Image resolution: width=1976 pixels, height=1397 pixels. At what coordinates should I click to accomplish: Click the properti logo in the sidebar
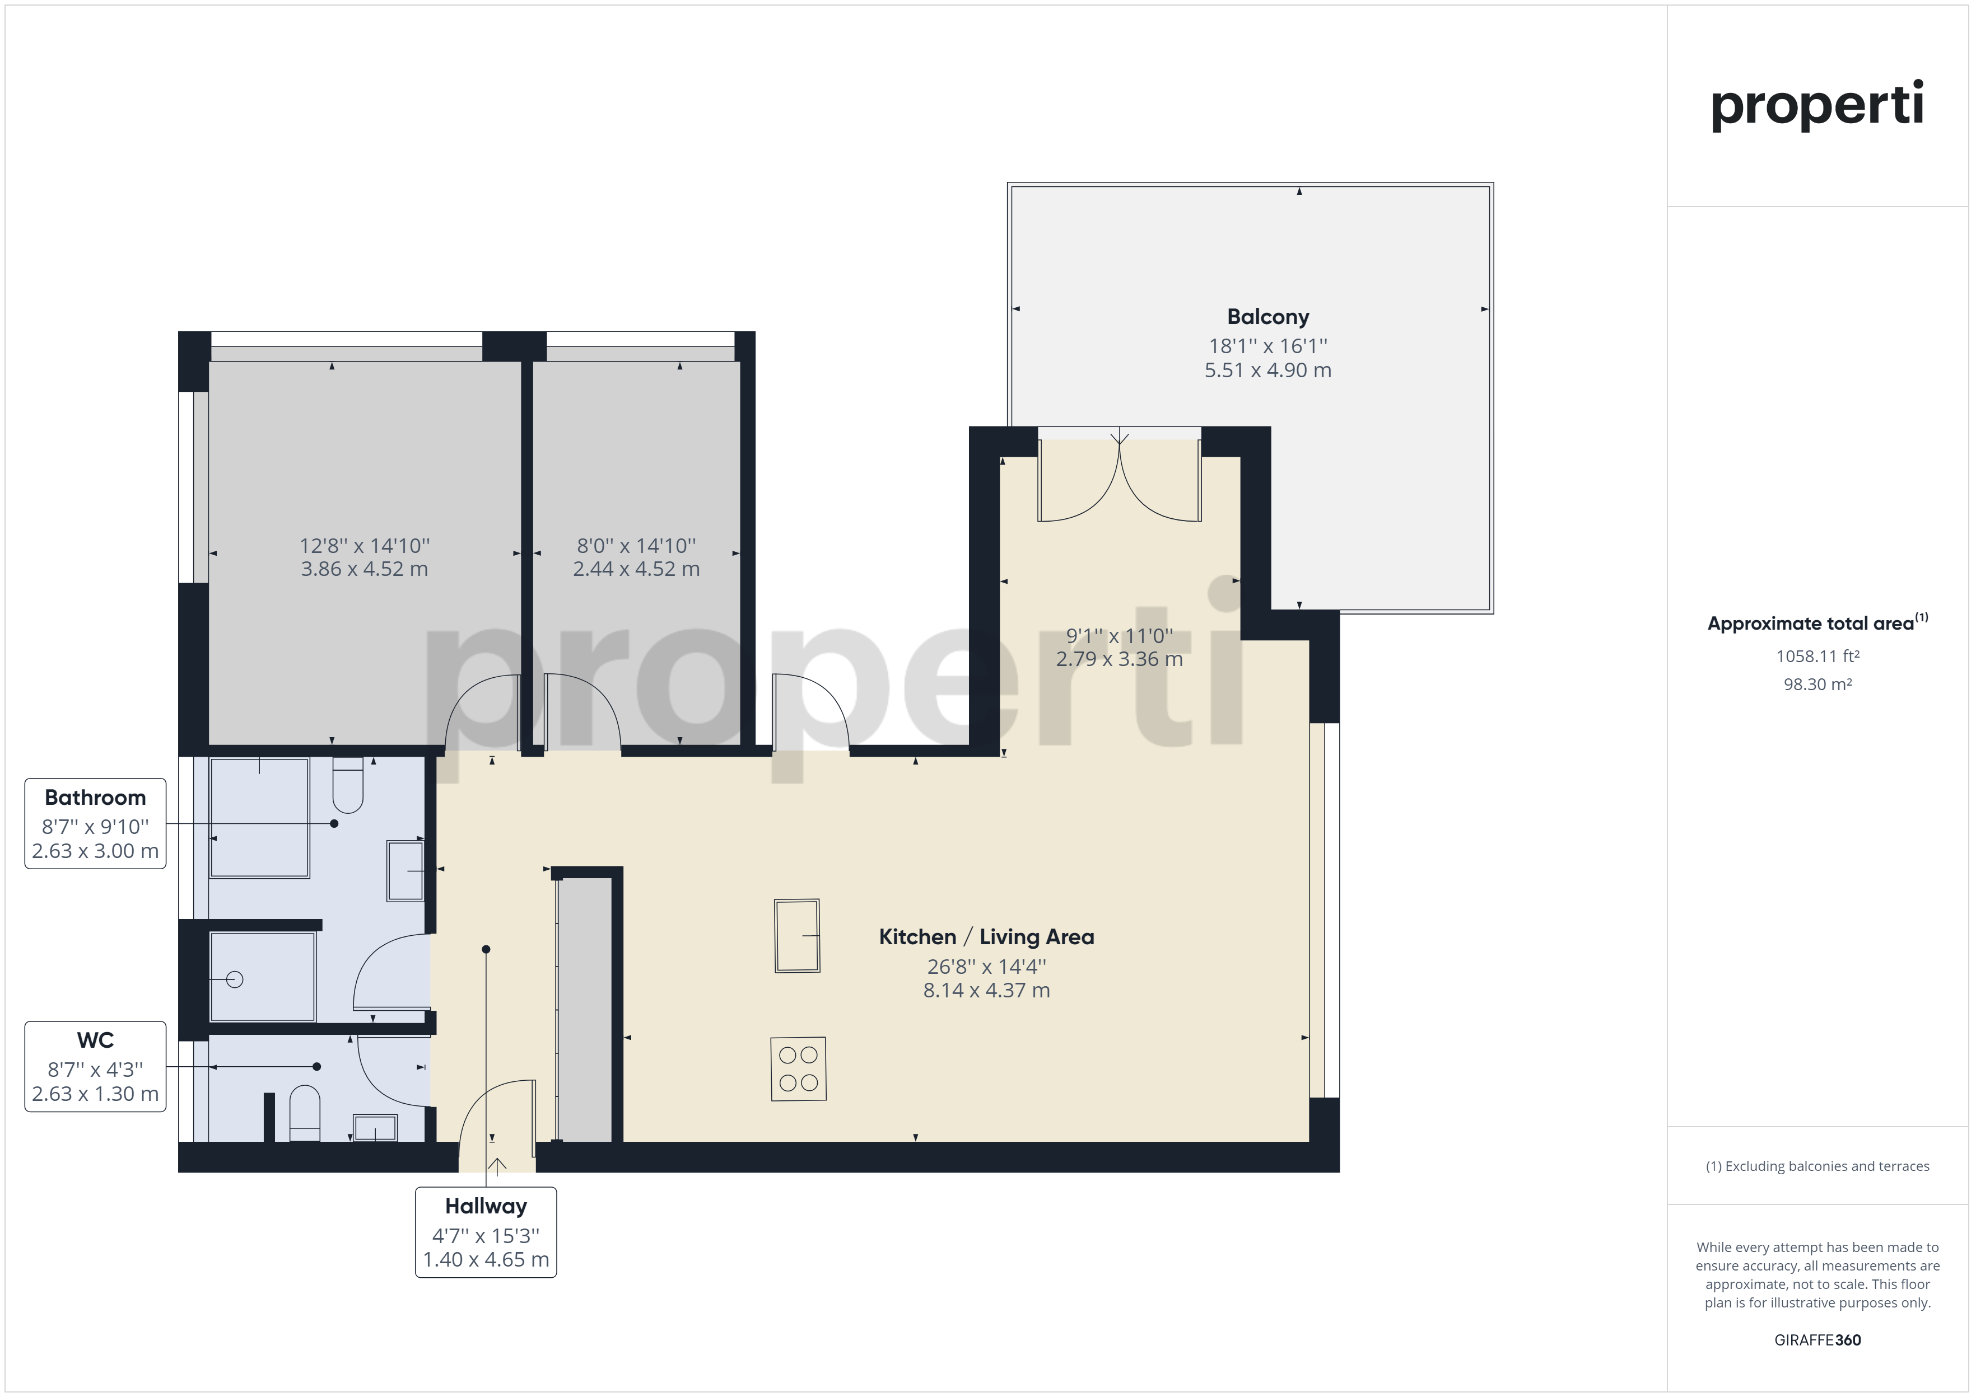[1817, 105]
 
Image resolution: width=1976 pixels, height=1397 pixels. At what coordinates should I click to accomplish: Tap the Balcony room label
[1267, 317]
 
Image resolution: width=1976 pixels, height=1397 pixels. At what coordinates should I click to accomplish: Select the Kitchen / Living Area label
[986, 937]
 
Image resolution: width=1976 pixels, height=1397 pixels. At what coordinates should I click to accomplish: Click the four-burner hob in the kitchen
[799, 1069]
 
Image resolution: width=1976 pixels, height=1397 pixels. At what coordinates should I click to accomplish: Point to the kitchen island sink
[798, 935]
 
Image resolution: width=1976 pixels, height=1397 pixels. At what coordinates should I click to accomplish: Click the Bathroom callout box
[96, 824]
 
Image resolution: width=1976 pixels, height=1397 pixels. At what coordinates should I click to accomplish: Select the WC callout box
[96, 1067]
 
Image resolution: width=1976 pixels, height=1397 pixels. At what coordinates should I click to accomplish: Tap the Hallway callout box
[486, 1232]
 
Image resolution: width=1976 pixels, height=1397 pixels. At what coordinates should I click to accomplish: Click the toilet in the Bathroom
[348, 785]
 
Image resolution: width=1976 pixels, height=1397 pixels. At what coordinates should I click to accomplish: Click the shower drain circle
[235, 979]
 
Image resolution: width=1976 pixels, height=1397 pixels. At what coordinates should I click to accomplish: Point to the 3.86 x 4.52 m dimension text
[364, 569]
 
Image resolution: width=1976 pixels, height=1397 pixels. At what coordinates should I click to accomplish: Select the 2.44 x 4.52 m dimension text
[637, 569]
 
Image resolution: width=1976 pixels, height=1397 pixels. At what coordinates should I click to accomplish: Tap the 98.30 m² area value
[1817, 685]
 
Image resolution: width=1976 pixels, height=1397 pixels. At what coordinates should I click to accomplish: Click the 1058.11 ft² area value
[1817, 657]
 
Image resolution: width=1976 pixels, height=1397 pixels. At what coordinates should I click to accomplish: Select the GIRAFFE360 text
[1817, 1340]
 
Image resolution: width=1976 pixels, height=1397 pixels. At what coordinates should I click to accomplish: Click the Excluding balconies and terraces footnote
[1817, 1166]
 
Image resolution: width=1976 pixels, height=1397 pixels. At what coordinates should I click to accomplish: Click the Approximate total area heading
[1817, 623]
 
